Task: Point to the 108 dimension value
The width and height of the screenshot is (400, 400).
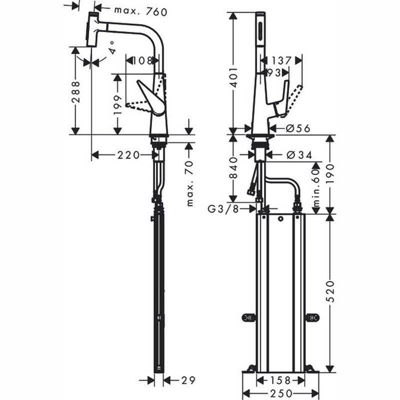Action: pos(142,61)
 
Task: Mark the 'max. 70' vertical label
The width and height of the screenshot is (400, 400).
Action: pos(190,183)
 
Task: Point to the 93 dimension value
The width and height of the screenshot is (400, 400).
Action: pos(273,73)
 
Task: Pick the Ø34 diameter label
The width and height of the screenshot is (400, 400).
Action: pos(297,154)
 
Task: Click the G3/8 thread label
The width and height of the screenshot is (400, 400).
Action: pos(223,209)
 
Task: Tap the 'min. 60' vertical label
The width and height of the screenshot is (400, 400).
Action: pos(314,185)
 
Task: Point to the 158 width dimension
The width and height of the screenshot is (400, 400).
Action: pos(280,380)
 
